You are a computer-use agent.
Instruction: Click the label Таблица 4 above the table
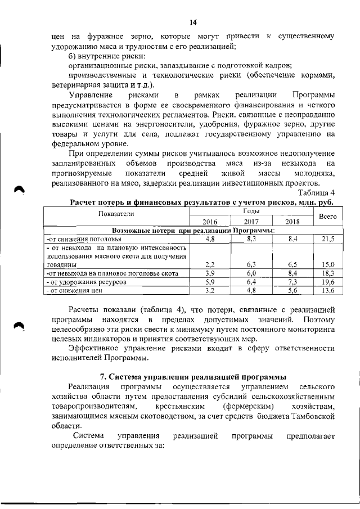pos(317,193)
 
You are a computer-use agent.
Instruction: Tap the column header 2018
pos(292,222)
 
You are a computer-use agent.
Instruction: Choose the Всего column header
pos(327,216)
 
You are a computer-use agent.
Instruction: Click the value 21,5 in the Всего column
pos(328,239)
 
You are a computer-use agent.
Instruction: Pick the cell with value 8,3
pos(251,239)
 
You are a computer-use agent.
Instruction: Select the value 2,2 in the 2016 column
pos(210,264)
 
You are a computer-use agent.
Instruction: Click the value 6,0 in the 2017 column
pos(251,273)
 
